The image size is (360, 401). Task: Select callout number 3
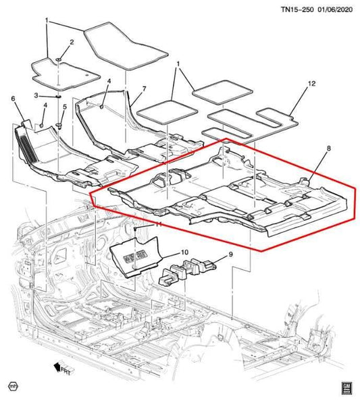pyautogui.click(x=36, y=96)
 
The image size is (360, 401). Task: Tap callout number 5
pyautogui.click(x=65, y=107)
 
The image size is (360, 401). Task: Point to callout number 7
pyautogui.click(x=144, y=88)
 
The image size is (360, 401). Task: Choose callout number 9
pyautogui.click(x=230, y=255)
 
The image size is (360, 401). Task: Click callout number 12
pyautogui.click(x=312, y=84)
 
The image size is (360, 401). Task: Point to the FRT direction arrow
pyautogui.click(x=64, y=369)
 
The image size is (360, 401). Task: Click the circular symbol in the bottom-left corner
pyautogui.click(x=13, y=386)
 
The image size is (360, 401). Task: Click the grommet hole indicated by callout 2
pyautogui.click(x=59, y=61)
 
